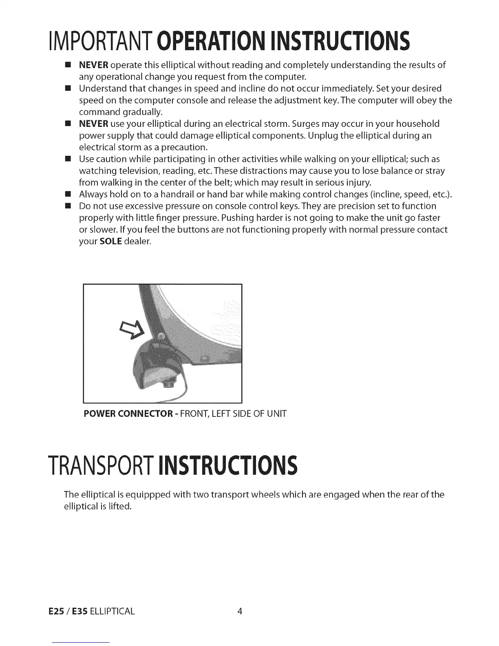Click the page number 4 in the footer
pyautogui.click(x=240, y=611)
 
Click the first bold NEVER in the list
pyautogui.click(x=93, y=65)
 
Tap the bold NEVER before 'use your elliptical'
pyautogui.click(x=93, y=124)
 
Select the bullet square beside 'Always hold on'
pyautogui.click(x=68, y=194)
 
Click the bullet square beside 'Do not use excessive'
pyautogui.click(x=68, y=206)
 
